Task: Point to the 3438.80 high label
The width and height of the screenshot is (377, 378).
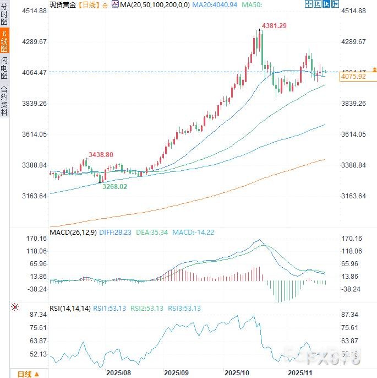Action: click(101, 155)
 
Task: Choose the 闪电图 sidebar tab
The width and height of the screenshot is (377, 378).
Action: click(4, 69)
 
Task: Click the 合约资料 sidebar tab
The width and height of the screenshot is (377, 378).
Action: click(4, 100)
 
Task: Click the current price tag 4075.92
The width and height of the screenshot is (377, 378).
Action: click(353, 77)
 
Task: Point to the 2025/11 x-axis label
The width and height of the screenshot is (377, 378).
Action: click(300, 372)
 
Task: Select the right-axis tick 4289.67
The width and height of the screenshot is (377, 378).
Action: click(354, 41)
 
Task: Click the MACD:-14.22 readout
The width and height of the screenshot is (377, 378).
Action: click(193, 232)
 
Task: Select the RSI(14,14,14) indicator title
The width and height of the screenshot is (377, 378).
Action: click(70, 308)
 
